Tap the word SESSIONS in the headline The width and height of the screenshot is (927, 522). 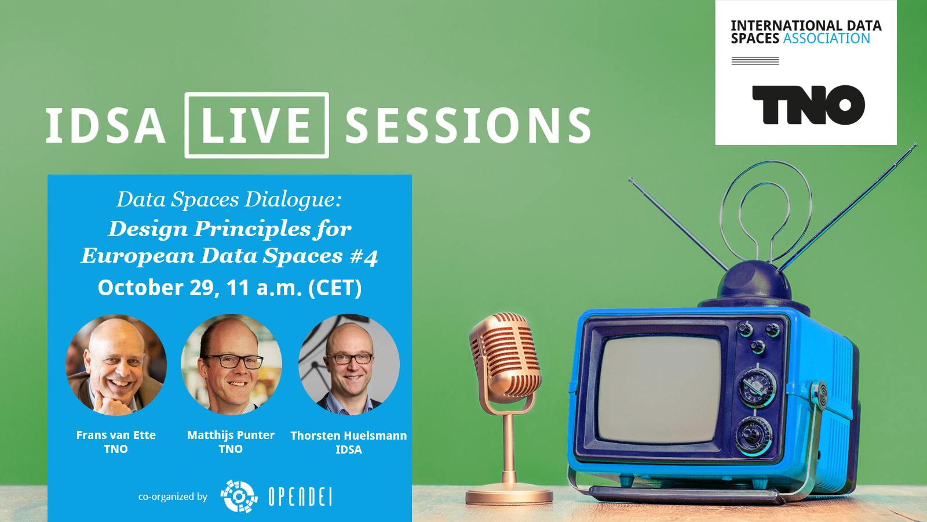tap(468, 125)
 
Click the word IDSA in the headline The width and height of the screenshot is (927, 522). tap(105, 125)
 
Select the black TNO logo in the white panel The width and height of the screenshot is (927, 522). tap(808, 105)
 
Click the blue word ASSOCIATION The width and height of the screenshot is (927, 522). tap(826, 38)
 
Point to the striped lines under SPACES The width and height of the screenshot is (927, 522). tap(755, 61)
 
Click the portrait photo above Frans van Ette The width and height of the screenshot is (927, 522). tap(116, 365)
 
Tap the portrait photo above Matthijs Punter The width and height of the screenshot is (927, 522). tap(231, 365)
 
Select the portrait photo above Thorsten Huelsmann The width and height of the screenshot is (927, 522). tap(349, 365)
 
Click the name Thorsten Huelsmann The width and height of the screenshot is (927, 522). tap(348, 436)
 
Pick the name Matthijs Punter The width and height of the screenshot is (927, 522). tap(231, 435)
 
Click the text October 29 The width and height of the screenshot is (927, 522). tap(156, 288)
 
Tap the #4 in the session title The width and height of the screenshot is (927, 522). tap(364, 256)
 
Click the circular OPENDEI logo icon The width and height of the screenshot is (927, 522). tap(239, 496)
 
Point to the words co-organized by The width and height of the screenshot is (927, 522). tap(173, 496)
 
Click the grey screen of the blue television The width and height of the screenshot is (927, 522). tap(659, 389)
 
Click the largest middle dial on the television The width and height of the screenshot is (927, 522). tap(757, 388)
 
